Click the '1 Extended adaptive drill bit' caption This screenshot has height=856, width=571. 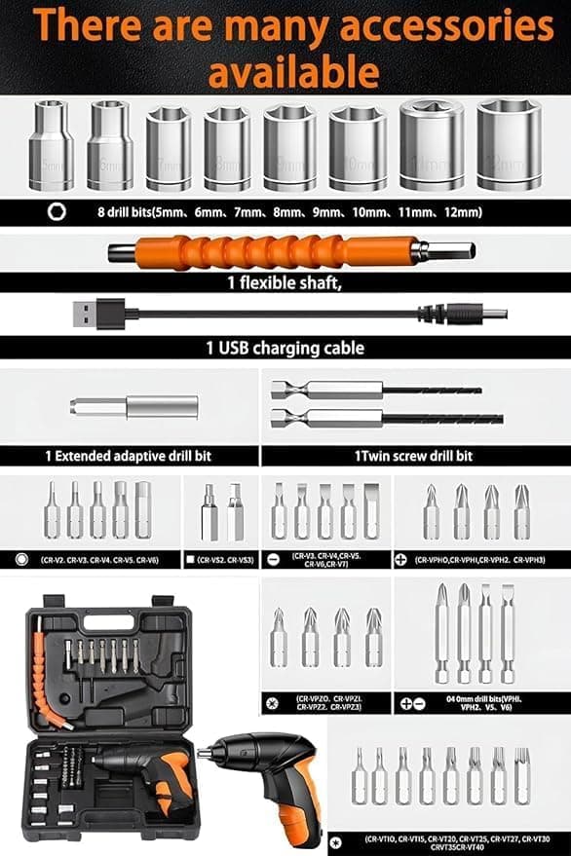coord(128,456)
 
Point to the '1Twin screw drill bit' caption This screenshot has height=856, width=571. coord(414,456)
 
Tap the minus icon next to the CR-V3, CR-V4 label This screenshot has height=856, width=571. coord(274,560)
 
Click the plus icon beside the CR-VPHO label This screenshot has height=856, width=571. coord(401,560)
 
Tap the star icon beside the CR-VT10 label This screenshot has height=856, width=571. coord(335,838)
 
